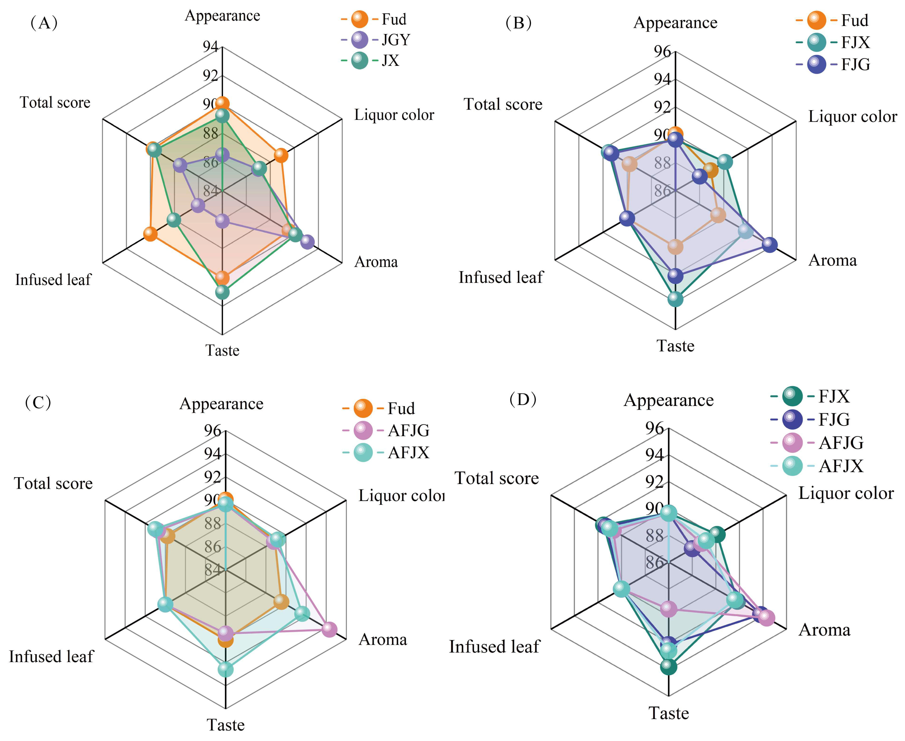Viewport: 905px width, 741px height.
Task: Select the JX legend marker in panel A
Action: click(359, 60)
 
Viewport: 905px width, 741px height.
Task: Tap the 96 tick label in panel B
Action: click(662, 51)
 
